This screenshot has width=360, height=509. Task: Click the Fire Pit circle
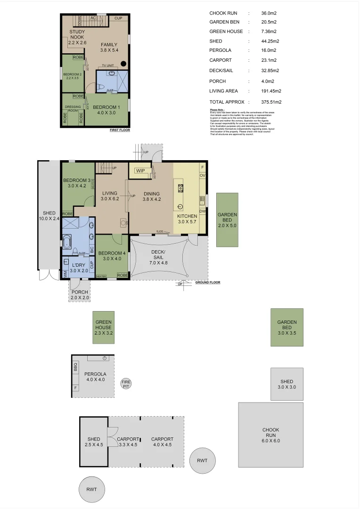tap(126, 384)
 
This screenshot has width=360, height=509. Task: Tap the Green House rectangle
tap(103, 328)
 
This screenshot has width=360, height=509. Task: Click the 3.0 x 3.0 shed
tap(286, 384)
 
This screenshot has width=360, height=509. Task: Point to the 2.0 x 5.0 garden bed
tap(227, 220)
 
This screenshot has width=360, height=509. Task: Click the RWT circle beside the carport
tap(202, 460)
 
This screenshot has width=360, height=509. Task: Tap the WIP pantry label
tap(140, 171)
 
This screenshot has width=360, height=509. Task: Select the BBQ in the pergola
tap(75, 367)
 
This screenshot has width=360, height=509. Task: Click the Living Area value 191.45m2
tap(264, 91)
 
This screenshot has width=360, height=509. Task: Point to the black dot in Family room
tap(123, 64)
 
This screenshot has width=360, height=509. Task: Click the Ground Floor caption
tap(207, 282)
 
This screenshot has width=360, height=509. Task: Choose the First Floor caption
tap(120, 130)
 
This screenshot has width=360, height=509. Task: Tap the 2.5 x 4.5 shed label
tap(94, 442)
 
